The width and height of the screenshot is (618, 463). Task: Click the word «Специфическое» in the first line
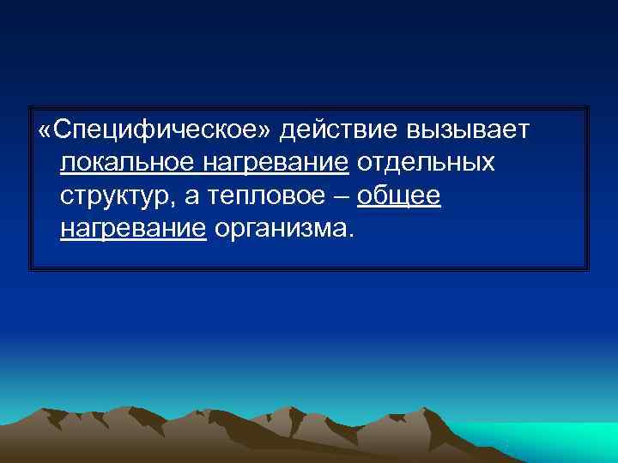(x=156, y=130)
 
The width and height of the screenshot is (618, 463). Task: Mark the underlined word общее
(x=399, y=195)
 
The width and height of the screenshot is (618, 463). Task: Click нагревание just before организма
(x=134, y=228)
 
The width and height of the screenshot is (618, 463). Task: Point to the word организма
(x=279, y=228)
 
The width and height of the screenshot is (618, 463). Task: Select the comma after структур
(x=177, y=203)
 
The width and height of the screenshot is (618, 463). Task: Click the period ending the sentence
(x=348, y=235)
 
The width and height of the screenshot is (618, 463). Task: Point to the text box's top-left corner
(x=30, y=107)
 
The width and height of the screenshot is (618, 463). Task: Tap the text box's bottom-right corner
(x=589, y=270)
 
